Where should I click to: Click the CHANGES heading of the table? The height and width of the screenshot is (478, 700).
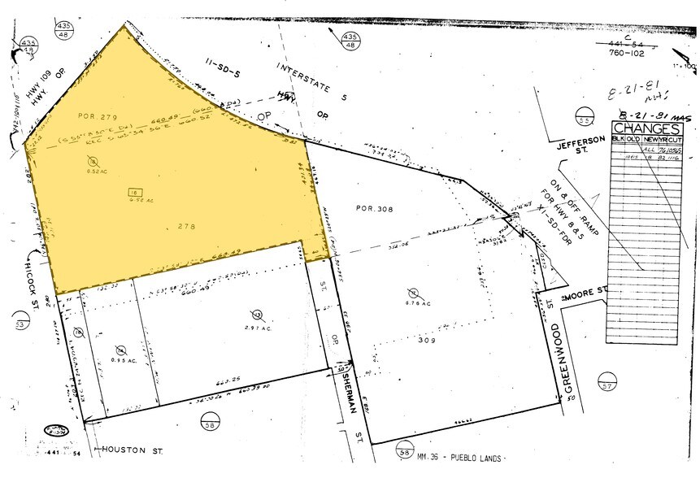tap(646, 128)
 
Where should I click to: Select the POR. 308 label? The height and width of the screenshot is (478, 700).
tap(374, 208)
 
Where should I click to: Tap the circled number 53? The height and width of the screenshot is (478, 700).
tap(21, 326)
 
